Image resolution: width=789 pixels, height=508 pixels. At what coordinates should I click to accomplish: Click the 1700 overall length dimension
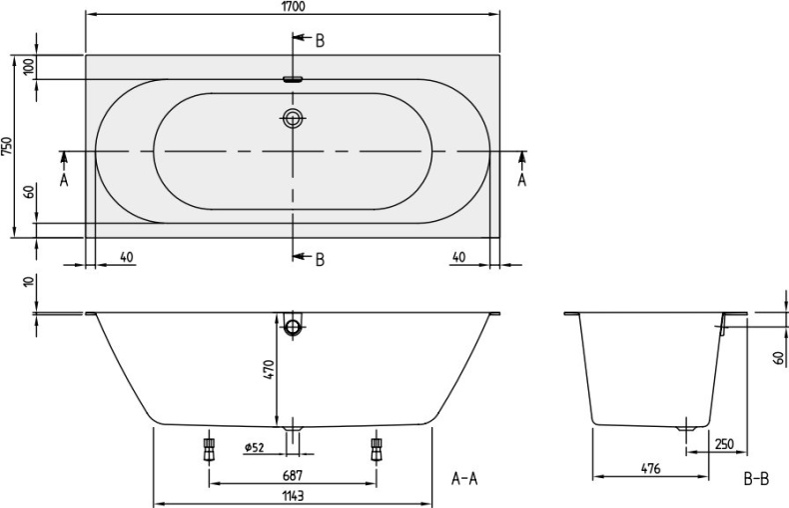coord(293,6)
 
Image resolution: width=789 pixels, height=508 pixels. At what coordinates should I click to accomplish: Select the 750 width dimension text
coord(7,146)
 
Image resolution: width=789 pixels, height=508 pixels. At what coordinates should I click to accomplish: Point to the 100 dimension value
coord(30,67)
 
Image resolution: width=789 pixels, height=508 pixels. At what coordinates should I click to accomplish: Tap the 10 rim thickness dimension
coord(30,281)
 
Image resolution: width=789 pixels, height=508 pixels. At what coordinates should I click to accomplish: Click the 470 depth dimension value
coord(270,369)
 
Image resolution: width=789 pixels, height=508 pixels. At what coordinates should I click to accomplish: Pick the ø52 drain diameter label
coord(254,447)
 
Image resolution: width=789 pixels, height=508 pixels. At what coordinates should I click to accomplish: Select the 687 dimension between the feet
coord(293,475)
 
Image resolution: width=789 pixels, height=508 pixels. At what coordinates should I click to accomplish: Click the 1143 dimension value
coord(293,496)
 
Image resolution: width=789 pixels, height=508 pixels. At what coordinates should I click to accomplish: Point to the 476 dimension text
coord(650,469)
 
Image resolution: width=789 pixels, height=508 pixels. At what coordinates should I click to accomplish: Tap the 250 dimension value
coord(724,444)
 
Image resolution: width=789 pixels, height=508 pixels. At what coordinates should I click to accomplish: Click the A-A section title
coord(464,478)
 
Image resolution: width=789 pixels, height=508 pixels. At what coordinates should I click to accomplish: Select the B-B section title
coord(756,478)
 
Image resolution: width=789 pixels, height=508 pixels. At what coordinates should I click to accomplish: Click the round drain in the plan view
coord(293,118)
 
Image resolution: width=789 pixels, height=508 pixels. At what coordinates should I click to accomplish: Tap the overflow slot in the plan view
coord(293,79)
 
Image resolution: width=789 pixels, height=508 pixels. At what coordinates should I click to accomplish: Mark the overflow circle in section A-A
coord(293,328)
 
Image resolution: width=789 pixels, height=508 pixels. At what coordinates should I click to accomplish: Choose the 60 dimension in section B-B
coord(778,358)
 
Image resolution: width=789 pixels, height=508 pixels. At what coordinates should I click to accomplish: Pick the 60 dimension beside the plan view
coord(30,192)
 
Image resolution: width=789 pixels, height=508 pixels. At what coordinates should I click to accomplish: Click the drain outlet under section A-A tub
coord(293,428)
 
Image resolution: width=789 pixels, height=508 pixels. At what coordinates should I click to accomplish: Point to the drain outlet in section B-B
coord(686,428)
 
